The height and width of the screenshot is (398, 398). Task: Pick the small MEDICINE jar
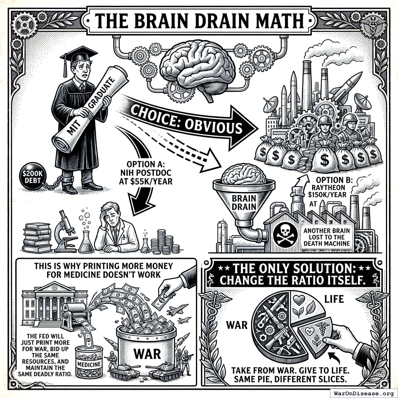pyautogui.click(x=89, y=362)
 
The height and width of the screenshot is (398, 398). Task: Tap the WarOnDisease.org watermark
pyautogui.click(x=363, y=393)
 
